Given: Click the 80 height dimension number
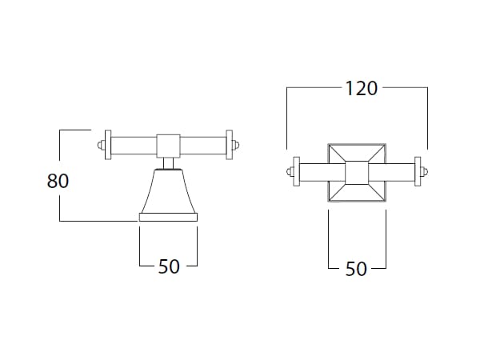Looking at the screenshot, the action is pyautogui.click(x=58, y=181).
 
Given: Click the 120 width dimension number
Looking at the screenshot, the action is pyautogui.click(x=362, y=89).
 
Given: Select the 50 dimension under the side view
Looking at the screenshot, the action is pyautogui.click(x=169, y=266).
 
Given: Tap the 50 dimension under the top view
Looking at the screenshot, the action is pyautogui.click(x=356, y=269).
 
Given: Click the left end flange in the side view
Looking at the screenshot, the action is pyautogui.click(x=108, y=145).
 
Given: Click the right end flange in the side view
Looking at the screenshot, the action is pyautogui.click(x=230, y=145).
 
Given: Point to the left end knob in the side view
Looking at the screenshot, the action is pyautogui.click(x=101, y=145).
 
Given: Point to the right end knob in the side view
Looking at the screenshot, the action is pyautogui.click(x=236, y=145).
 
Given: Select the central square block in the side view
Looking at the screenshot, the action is pyautogui.click(x=168, y=146).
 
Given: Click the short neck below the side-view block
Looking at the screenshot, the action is pyautogui.click(x=168, y=163).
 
